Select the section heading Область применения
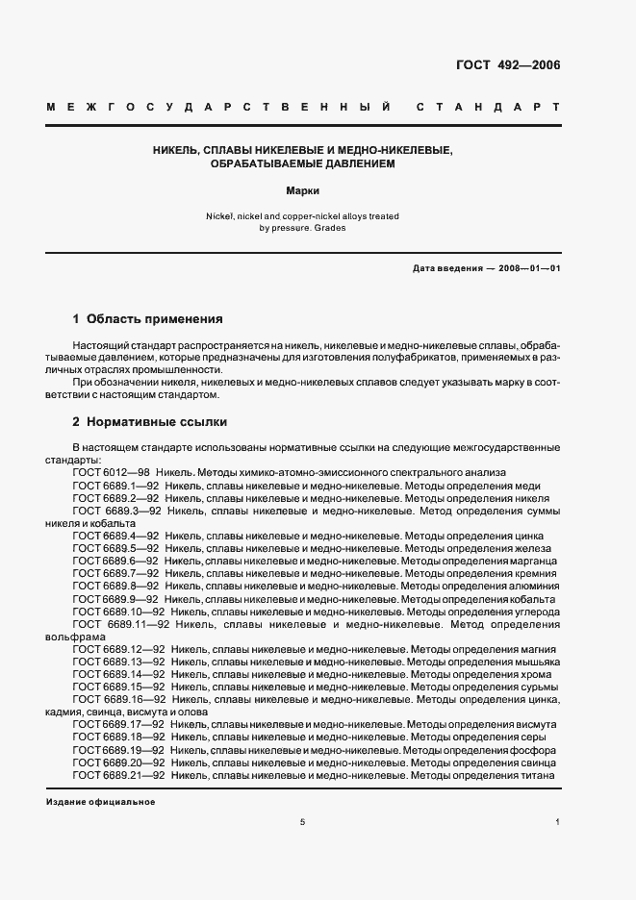[x=155, y=318]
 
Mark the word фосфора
[x=534, y=750]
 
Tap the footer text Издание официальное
[x=100, y=801]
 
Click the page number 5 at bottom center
[x=302, y=822]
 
